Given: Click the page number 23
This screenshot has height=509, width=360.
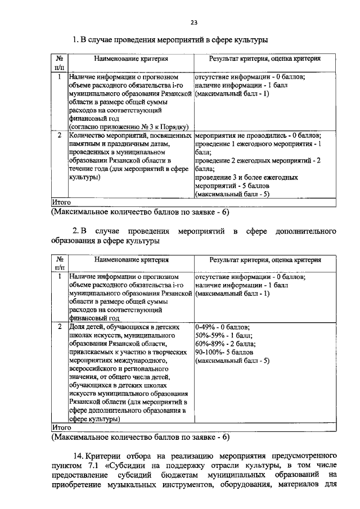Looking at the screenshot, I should [x=193, y=22].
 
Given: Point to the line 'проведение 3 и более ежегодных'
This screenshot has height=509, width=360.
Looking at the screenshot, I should [x=246, y=176].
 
